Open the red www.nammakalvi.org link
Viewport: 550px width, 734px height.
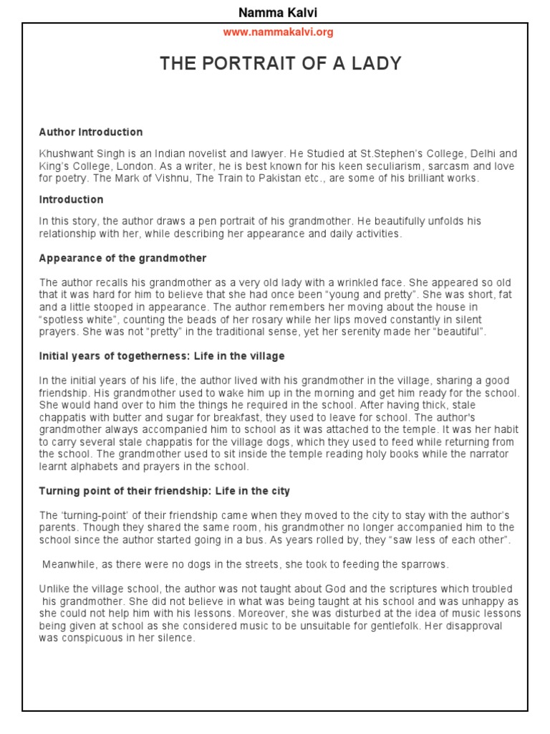[278, 32]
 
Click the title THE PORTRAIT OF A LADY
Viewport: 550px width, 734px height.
[281, 64]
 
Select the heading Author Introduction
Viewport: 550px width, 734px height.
[91, 132]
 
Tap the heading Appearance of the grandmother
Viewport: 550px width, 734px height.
[122, 258]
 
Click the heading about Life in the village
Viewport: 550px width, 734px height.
[162, 356]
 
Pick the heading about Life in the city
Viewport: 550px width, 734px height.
[165, 491]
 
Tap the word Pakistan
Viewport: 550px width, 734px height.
[283, 178]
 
